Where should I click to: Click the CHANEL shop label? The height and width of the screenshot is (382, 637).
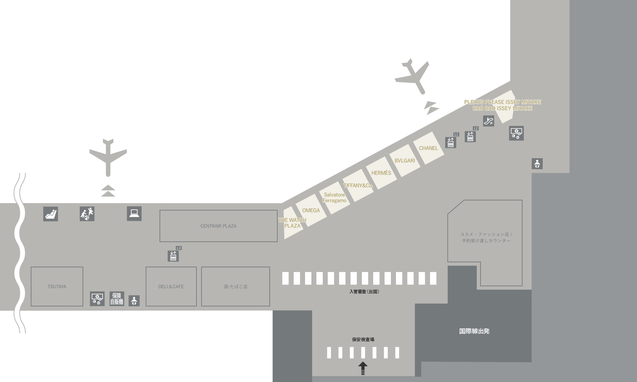[x=428, y=148]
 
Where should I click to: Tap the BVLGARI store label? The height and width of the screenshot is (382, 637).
[x=405, y=161]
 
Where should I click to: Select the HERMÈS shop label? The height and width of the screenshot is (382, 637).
[x=381, y=173]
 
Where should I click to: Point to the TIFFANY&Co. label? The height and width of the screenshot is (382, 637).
[x=358, y=185]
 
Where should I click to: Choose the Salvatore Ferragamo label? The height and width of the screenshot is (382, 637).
[x=334, y=198]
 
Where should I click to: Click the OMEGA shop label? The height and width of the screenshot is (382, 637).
[x=311, y=210]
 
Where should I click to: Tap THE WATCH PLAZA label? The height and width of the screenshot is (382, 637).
[x=292, y=223]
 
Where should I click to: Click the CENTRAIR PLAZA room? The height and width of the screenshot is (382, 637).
[x=218, y=226]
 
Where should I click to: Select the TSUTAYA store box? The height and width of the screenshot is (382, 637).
[x=57, y=286]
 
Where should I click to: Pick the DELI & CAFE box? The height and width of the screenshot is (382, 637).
[x=171, y=286]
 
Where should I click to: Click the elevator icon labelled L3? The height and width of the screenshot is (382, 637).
[x=173, y=256]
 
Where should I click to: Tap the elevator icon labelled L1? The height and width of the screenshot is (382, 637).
[x=451, y=142]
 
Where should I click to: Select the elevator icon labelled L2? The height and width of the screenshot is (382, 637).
[x=470, y=136]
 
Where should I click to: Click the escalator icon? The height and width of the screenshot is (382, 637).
[x=488, y=121]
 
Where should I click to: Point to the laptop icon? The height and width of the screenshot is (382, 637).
[x=134, y=213]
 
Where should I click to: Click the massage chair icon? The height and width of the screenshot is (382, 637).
[x=51, y=214]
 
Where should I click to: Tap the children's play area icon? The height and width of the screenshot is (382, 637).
[x=87, y=214]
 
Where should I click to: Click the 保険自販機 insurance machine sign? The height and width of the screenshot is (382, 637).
[x=117, y=299]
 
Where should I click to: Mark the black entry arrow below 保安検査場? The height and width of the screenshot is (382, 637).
[x=363, y=368]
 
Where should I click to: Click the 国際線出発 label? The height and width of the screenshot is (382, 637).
[x=474, y=331]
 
